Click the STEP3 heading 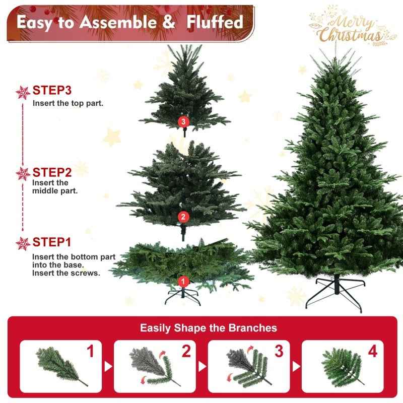click(52, 91)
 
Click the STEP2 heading click(52, 173)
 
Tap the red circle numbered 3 click(183, 121)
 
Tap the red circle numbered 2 click(183, 217)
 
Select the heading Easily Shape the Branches click(209, 328)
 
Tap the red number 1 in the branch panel click(91, 352)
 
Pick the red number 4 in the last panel click(372, 352)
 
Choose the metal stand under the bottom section click(183, 297)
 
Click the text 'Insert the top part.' click(68, 103)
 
